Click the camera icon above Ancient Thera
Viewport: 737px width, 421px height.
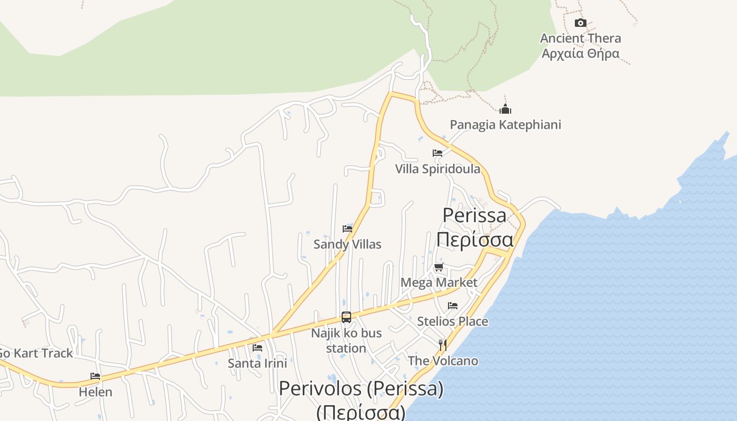pos(581,23)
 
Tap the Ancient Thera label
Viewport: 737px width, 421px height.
pos(580,38)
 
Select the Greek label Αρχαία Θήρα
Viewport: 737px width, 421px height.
pos(580,53)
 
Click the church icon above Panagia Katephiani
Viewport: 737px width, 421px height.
pos(505,109)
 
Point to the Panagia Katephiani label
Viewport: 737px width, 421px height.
pos(505,125)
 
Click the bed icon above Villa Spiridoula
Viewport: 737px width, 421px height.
pos(437,153)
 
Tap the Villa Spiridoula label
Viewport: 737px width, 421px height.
pos(437,168)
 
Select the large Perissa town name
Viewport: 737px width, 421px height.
pos(474,215)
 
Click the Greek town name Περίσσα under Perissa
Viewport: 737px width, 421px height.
pos(474,239)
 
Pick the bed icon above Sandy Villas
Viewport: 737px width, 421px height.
pos(347,228)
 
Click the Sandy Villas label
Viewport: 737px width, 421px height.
pos(347,244)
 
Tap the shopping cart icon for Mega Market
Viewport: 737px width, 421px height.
pos(439,267)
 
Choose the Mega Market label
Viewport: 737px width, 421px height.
pos(439,283)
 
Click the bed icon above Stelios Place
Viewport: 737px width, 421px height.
pos(453,305)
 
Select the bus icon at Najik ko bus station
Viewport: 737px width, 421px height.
pos(346,317)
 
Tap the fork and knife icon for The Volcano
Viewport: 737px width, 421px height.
pos(443,345)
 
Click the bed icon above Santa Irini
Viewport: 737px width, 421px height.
pos(257,347)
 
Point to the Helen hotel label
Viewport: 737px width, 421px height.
pos(95,392)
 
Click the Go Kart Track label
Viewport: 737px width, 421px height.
pos(36,353)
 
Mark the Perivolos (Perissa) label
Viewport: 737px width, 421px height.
pos(361,389)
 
